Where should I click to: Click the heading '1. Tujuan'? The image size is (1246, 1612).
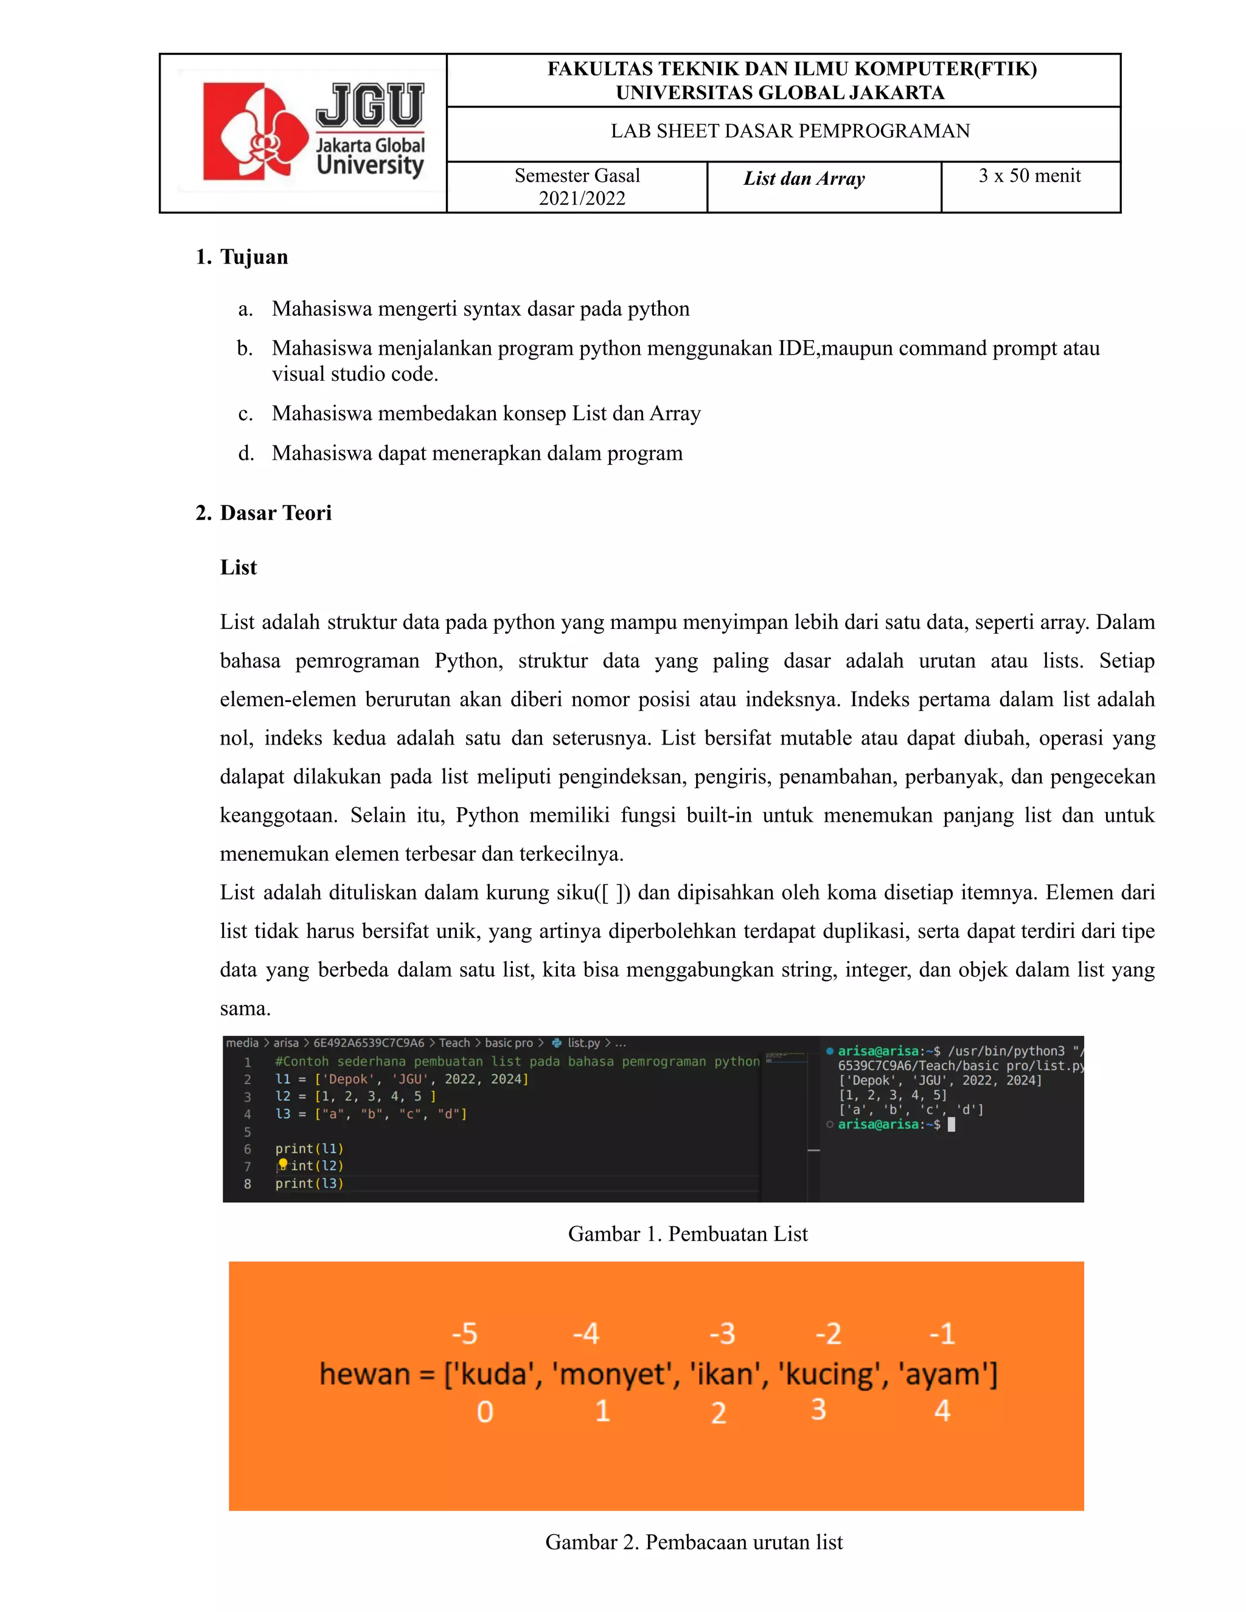[242, 257]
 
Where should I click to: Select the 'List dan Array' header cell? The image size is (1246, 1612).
[804, 179]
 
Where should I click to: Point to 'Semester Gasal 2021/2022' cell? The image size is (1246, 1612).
[577, 187]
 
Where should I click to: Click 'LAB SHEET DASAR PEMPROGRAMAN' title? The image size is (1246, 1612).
[790, 131]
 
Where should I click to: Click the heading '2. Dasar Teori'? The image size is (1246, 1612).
[263, 512]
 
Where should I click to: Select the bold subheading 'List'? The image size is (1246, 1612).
[238, 567]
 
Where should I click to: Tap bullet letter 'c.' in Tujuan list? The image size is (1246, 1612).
[246, 413]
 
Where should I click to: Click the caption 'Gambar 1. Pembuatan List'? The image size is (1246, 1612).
[687, 1234]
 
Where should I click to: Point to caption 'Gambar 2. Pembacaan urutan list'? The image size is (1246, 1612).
[693, 1541]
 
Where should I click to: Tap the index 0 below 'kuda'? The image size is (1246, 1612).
[484, 1411]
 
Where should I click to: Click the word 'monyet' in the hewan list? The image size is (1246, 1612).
[613, 1374]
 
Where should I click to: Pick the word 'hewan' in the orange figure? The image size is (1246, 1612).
[364, 1374]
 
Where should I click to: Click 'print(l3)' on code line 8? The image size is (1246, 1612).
[309, 1183]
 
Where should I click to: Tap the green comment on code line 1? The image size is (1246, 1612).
[517, 1061]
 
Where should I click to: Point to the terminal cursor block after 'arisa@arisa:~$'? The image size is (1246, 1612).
[952, 1124]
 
